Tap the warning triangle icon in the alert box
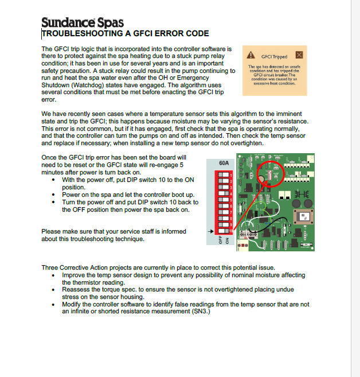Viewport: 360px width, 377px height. tap(251, 56)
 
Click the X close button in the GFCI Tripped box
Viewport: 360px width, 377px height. tap(299, 55)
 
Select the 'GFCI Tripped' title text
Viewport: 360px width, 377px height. tap(274, 57)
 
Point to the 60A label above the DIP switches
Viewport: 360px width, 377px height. tap(224, 163)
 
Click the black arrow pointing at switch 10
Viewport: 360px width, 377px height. tap(210, 231)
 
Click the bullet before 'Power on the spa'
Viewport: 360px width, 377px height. tap(53, 195)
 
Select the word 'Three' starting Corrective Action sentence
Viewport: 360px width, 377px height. tap(50, 267)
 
